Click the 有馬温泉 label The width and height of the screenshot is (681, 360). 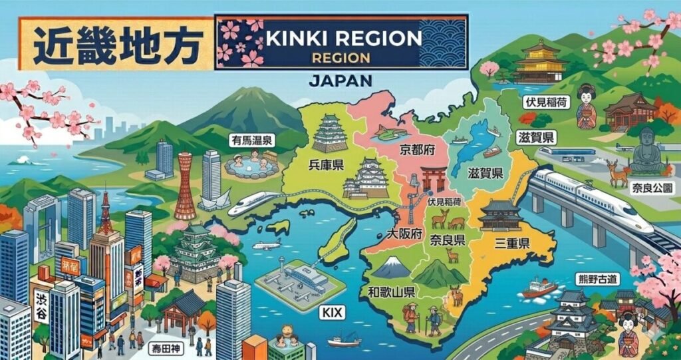click(251, 140)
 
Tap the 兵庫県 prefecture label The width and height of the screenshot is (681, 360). click(326, 164)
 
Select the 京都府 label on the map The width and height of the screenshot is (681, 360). click(417, 150)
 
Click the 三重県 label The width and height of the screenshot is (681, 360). click(511, 244)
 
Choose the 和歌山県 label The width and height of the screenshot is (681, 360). click(391, 291)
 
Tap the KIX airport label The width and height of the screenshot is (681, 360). click(333, 311)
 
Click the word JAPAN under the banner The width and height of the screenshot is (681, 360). click(340, 81)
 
